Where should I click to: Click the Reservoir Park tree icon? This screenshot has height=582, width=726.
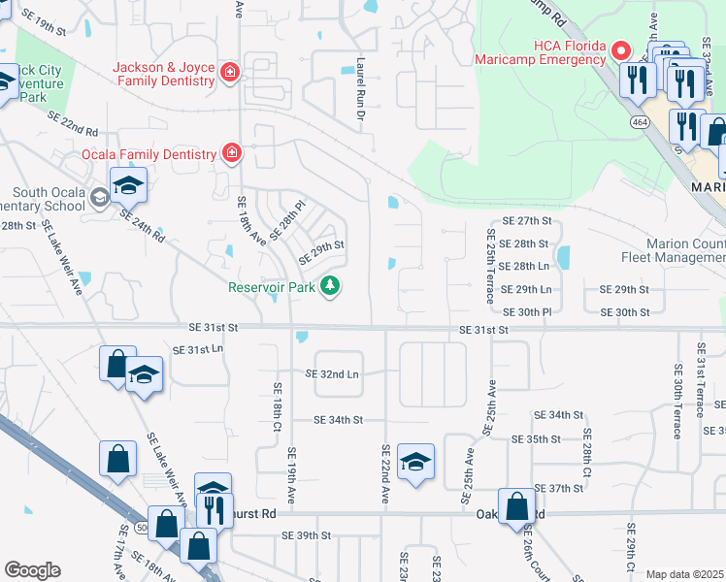coord(332,285)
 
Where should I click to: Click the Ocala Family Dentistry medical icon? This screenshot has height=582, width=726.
coord(231,153)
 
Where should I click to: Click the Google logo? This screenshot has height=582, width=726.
coord(32,570)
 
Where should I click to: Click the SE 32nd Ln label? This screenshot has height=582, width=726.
coord(332,372)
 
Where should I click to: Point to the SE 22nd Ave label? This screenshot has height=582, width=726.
coord(385,473)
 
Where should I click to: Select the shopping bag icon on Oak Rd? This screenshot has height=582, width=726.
coord(516,505)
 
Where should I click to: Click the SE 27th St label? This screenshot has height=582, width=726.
coord(527,221)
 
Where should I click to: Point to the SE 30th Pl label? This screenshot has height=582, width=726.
coord(528,311)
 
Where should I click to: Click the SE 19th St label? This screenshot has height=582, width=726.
coord(46,30)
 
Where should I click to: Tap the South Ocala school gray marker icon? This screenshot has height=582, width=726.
coord(99,198)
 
